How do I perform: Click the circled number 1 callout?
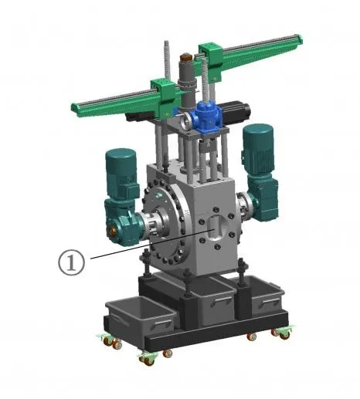(71, 262)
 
